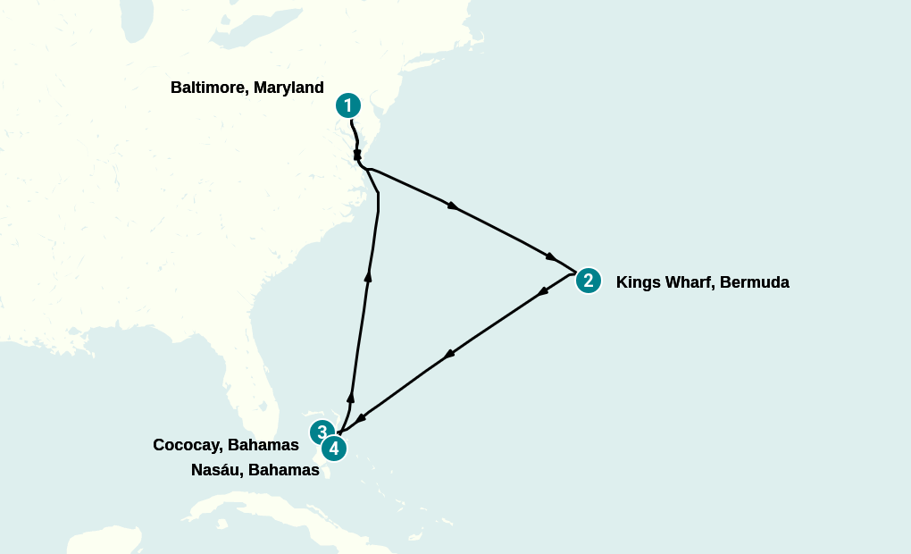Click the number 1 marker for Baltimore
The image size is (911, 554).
pos(347,105)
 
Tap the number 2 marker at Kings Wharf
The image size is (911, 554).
pos(588,281)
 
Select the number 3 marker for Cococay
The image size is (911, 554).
pos(322,432)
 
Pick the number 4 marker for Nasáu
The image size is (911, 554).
pos(334,449)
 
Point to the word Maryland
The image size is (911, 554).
pos(288,88)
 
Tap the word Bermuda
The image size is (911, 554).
pos(755,282)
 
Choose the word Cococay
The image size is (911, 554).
pos(188,445)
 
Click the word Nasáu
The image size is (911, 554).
pos(216,470)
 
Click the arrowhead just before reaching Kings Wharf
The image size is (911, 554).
pos(551,256)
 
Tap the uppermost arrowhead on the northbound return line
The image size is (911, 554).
pos(368,277)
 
